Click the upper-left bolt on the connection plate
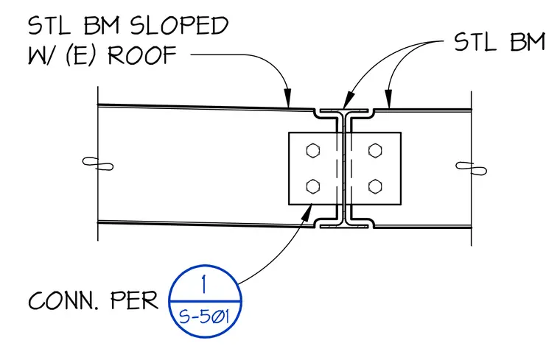click(313, 150)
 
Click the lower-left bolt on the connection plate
click(313, 186)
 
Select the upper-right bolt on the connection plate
click(375, 150)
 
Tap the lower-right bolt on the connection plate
click(375, 186)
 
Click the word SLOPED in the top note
click(179, 26)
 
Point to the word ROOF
click(142, 55)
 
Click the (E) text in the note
click(82, 55)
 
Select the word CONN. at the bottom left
click(63, 300)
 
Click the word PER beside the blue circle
click(134, 300)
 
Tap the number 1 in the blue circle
click(204, 284)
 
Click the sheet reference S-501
click(203, 316)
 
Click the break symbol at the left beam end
click(98, 163)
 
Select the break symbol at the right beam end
click(471, 169)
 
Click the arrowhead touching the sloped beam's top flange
click(287, 98)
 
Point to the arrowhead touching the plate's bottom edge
click(307, 212)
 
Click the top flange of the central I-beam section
click(343, 111)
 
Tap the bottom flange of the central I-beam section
click(343, 225)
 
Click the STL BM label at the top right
click(500, 42)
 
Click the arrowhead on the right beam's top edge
click(388, 98)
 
